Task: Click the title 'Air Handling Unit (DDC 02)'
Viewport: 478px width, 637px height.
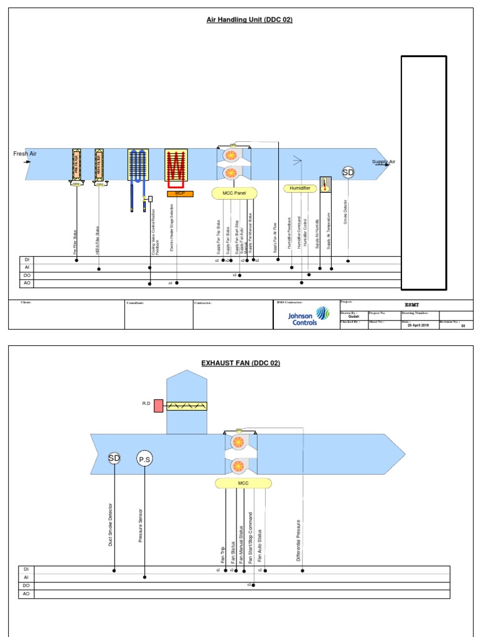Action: pos(249,20)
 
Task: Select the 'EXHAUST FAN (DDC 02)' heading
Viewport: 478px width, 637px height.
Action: pos(240,363)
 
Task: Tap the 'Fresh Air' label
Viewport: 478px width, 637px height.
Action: pos(25,153)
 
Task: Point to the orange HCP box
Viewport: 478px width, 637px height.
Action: pos(180,194)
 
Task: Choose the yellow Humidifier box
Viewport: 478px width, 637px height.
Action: pos(300,188)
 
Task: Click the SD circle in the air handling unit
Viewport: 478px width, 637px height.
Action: pos(349,172)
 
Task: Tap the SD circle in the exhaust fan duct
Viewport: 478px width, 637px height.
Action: pos(114,458)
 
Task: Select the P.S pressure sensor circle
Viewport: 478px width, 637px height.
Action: pos(144,459)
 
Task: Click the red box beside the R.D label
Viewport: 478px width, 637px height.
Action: pos(158,406)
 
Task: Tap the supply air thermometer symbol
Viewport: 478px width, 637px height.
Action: pos(325,184)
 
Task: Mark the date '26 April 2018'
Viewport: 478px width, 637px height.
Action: pos(418,325)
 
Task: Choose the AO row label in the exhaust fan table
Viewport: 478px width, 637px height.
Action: pos(26,594)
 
